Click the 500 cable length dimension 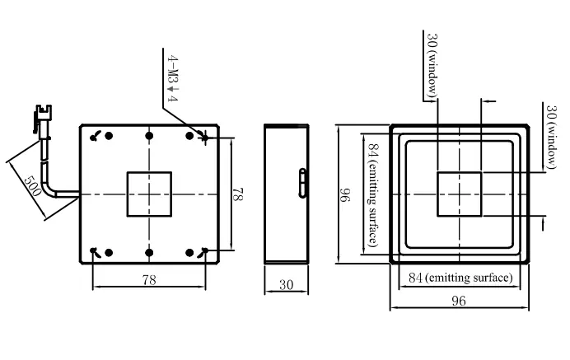(x=31, y=185)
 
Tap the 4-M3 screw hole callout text (x=173, y=78)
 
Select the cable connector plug (x=43, y=119)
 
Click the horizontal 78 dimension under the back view (x=149, y=280)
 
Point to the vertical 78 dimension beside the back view (x=238, y=194)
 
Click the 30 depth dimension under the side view (x=286, y=284)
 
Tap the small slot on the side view (x=302, y=183)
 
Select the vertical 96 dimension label (x=344, y=194)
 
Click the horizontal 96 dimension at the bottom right (x=459, y=301)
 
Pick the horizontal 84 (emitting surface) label (x=460, y=278)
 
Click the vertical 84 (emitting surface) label (x=374, y=194)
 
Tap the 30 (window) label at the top (x=432, y=65)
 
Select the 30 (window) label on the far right (x=551, y=137)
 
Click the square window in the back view (x=149, y=194)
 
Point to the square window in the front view (x=460, y=194)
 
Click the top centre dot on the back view (x=149, y=136)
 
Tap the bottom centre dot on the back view (x=149, y=252)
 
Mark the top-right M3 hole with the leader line (x=205, y=138)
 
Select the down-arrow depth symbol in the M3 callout (x=173, y=89)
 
